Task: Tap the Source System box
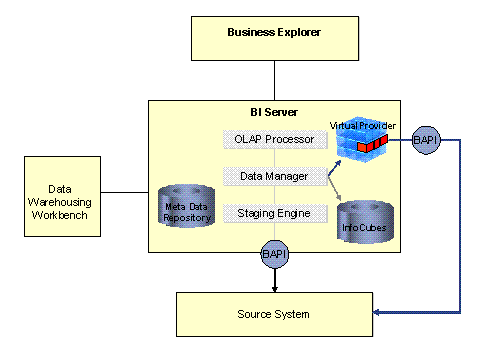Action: [x=273, y=314]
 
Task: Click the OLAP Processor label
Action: [x=274, y=139]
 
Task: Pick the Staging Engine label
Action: [x=274, y=213]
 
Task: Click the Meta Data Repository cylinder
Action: [x=188, y=207]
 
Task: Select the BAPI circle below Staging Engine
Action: [x=274, y=255]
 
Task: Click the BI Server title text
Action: [x=273, y=110]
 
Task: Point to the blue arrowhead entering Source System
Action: [x=376, y=314]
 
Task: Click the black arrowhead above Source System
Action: [x=274, y=287]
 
